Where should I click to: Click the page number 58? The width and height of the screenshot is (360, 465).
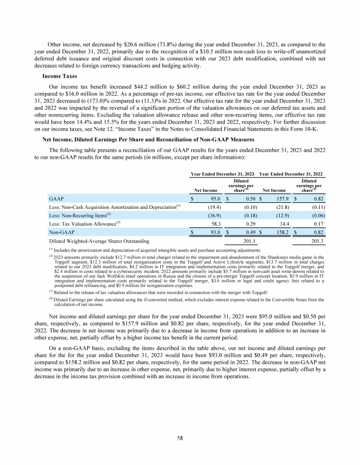(x=180, y=438)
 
